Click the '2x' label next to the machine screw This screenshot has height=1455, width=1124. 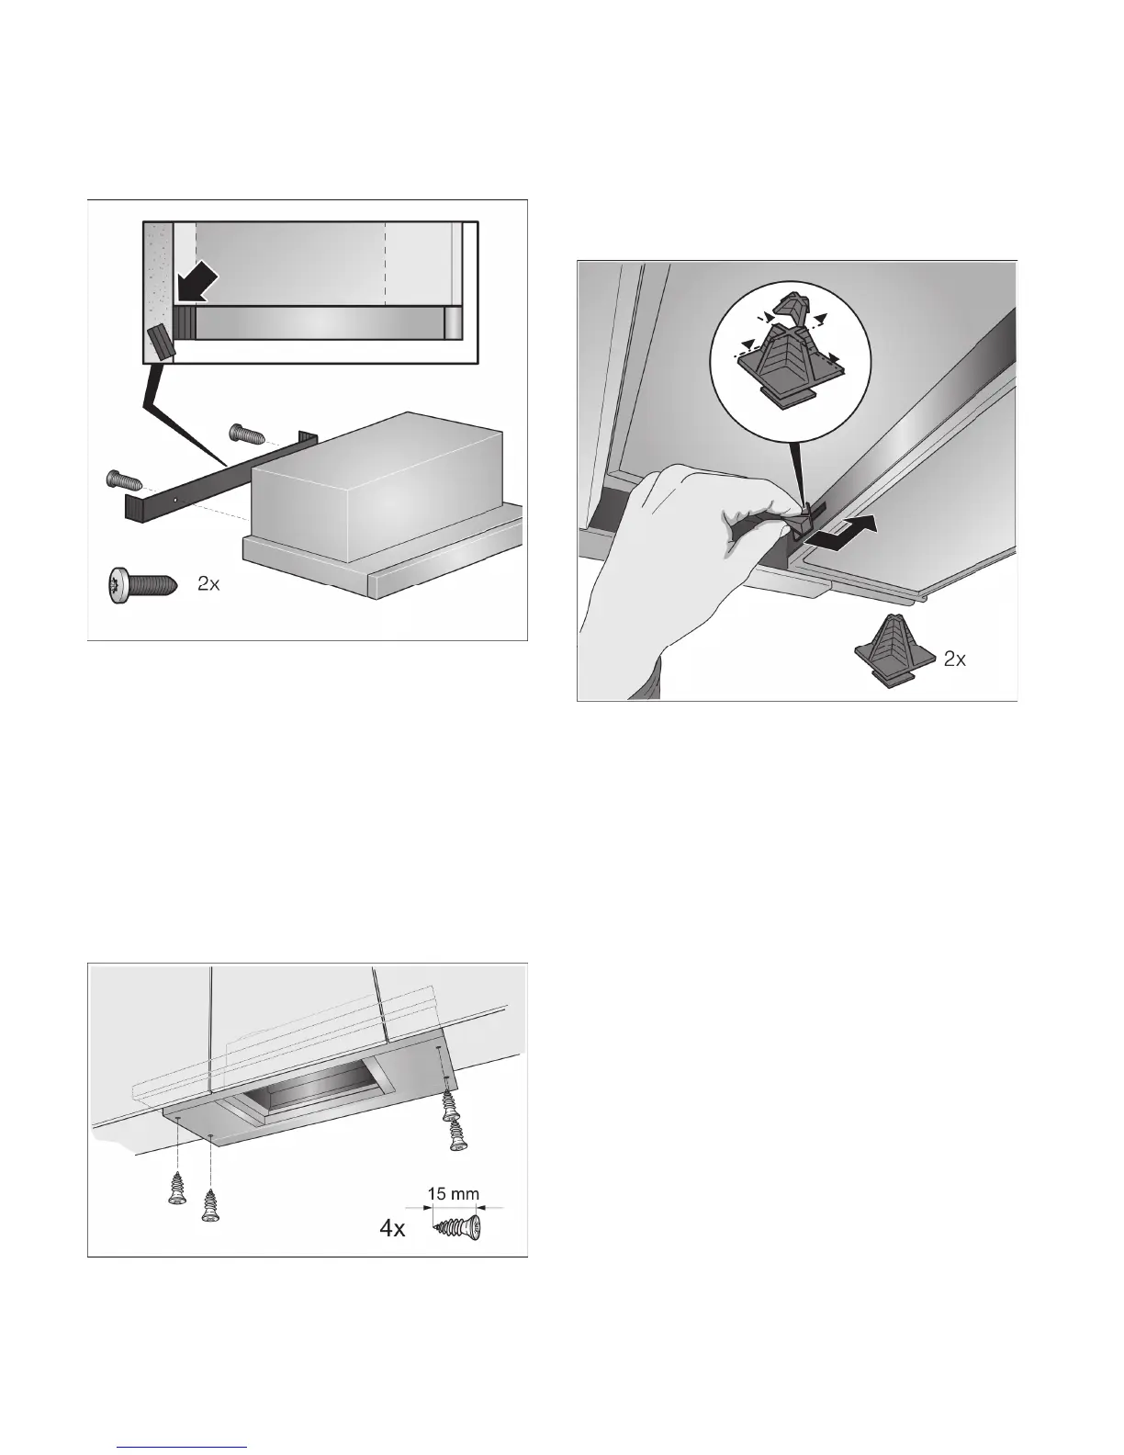[208, 584]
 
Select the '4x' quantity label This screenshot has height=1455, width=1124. [393, 1228]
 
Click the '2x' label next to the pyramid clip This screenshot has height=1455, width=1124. [955, 659]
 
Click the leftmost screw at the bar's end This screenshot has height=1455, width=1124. [121, 479]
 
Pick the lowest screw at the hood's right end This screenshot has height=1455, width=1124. [455, 1135]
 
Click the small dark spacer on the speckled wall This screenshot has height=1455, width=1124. [158, 343]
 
